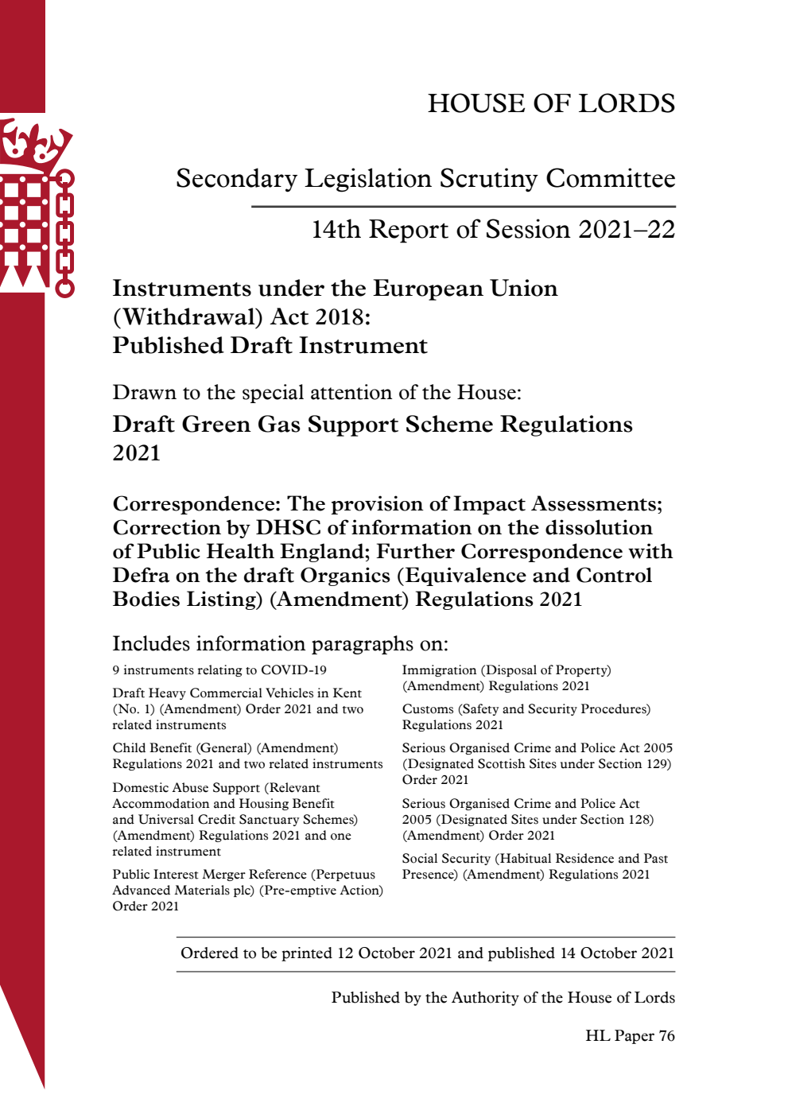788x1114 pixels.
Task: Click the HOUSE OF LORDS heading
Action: pyautogui.click(x=551, y=103)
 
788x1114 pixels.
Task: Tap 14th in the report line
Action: pyautogui.click(x=336, y=230)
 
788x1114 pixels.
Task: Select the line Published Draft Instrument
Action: pyautogui.click(x=270, y=346)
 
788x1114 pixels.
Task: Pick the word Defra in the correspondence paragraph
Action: pyautogui.click(x=141, y=576)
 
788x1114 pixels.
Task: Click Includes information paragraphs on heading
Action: pyautogui.click(x=280, y=644)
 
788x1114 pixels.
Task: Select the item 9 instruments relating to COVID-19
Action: pyautogui.click(x=219, y=670)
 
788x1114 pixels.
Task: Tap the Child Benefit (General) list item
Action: pyautogui.click(x=225, y=748)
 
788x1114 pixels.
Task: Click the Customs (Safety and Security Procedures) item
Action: pyautogui.click(x=526, y=709)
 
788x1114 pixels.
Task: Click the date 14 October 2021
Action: pyautogui.click(x=617, y=953)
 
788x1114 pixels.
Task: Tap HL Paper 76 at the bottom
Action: pyautogui.click(x=630, y=1036)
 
